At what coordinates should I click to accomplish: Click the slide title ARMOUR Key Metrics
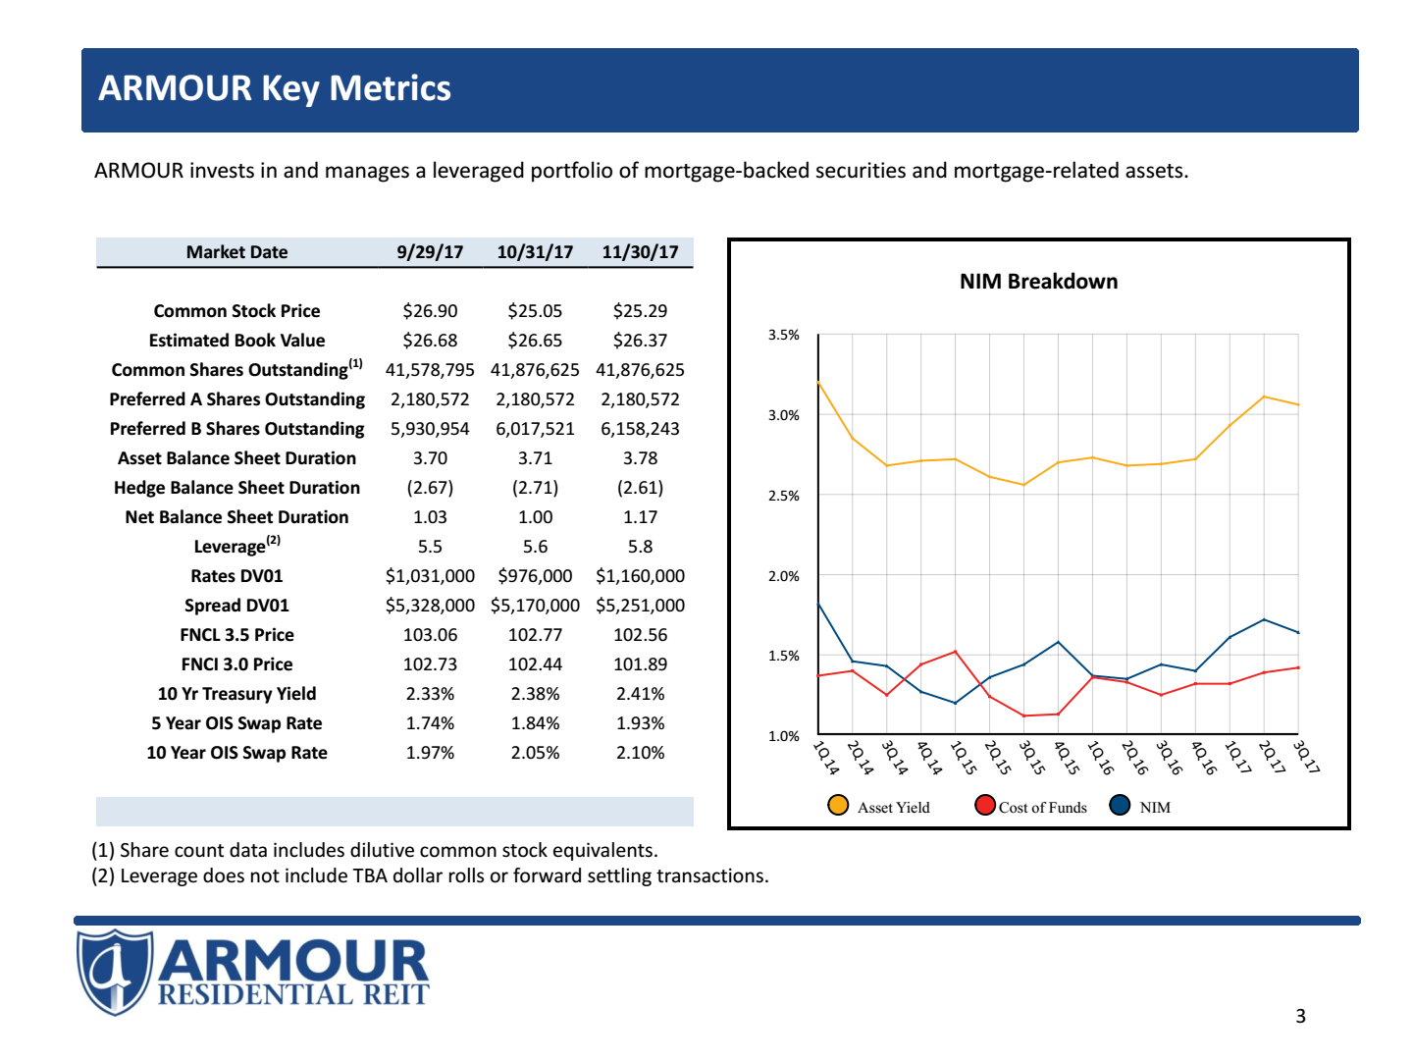(x=275, y=88)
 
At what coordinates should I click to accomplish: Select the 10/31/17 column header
(x=535, y=252)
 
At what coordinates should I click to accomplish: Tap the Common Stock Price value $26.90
(x=430, y=311)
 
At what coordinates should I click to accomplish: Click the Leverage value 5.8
(x=640, y=547)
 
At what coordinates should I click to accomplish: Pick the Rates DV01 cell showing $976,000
(x=535, y=576)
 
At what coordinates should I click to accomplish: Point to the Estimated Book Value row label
(x=236, y=341)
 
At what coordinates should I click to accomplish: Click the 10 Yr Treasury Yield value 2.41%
(x=640, y=694)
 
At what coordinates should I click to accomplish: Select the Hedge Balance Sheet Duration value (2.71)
(x=535, y=488)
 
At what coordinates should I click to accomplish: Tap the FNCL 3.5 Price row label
(x=236, y=635)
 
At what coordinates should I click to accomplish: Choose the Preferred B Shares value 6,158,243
(x=640, y=429)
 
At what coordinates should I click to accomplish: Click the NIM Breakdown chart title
(x=1038, y=282)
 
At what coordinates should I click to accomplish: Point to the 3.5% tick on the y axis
(x=783, y=335)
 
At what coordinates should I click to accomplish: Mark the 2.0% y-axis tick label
(x=783, y=576)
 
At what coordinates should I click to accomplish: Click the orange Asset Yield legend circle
(x=838, y=806)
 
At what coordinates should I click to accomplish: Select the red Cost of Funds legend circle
(x=985, y=806)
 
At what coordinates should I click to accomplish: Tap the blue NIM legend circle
(x=1120, y=806)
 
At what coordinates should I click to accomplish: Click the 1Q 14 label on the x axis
(x=826, y=757)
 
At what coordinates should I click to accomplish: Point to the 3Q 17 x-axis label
(x=1306, y=757)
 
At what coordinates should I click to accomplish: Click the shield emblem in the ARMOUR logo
(x=115, y=972)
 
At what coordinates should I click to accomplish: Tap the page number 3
(x=1300, y=1016)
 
